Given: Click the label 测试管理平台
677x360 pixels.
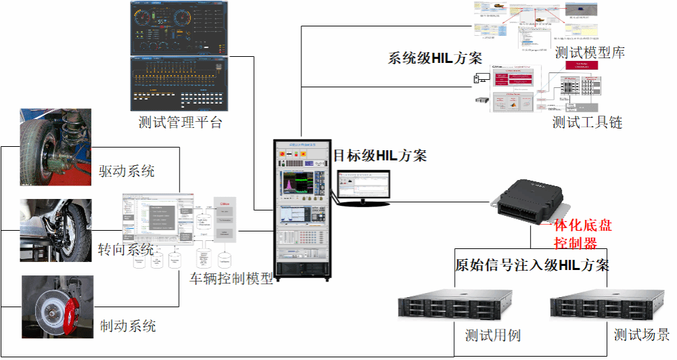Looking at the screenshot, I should [x=180, y=123].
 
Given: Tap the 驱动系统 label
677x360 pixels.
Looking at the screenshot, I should [x=127, y=171].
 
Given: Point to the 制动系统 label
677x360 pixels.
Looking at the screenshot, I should [x=128, y=325].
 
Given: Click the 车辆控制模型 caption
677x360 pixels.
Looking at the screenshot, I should [x=232, y=278].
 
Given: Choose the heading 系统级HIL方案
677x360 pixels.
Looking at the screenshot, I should [x=434, y=58].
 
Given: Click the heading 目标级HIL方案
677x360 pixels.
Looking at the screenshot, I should [x=380, y=156].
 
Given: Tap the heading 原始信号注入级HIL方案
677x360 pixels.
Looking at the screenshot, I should [x=531, y=265].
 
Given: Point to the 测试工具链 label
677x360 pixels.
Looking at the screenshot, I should [x=587, y=122].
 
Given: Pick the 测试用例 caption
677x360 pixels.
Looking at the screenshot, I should [x=493, y=335].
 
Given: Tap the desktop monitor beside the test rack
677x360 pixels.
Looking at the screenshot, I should [x=364, y=187].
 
